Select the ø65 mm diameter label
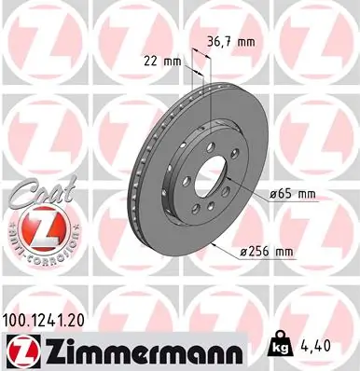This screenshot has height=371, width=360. click(x=293, y=193)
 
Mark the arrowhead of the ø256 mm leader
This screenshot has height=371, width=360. click(x=213, y=243)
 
